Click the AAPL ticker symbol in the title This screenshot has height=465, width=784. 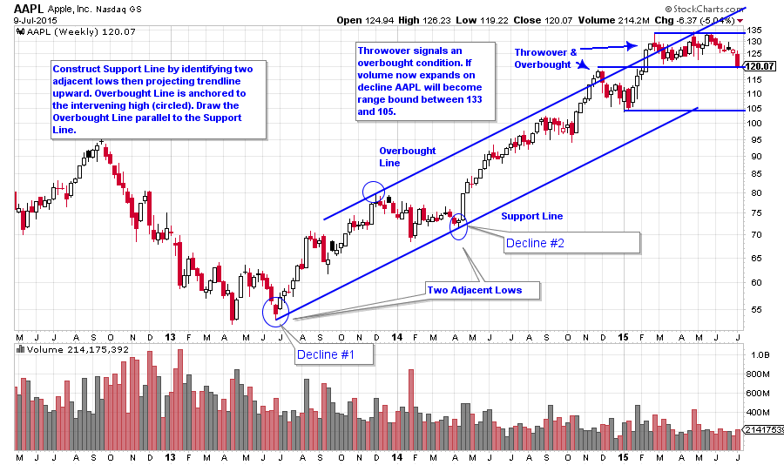[28, 7]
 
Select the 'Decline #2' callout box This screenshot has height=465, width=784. [534, 243]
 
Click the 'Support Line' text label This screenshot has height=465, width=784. [531, 216]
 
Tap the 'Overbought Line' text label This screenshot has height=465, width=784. [408, 157]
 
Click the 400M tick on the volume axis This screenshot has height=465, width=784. [756, 413]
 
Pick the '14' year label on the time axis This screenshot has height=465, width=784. [397, 337]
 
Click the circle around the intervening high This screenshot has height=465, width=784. [373, 192]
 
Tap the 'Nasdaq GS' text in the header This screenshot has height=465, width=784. [134, 7]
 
